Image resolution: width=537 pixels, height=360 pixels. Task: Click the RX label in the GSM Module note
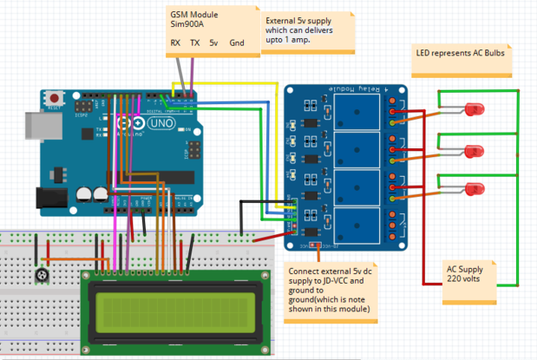coord(174,43)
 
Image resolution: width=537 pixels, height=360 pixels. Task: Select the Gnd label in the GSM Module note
coord(237,43)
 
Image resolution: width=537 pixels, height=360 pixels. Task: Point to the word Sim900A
coord(186,25)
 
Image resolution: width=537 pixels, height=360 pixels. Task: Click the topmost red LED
coord(475,110)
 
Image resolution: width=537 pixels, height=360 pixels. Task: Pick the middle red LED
coord(475,151)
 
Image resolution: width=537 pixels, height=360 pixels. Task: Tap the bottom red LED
coord(475,189)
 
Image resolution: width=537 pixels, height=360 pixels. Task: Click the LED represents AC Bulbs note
coord(460,52)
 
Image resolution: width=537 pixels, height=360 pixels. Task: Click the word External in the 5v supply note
coord(283,20)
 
